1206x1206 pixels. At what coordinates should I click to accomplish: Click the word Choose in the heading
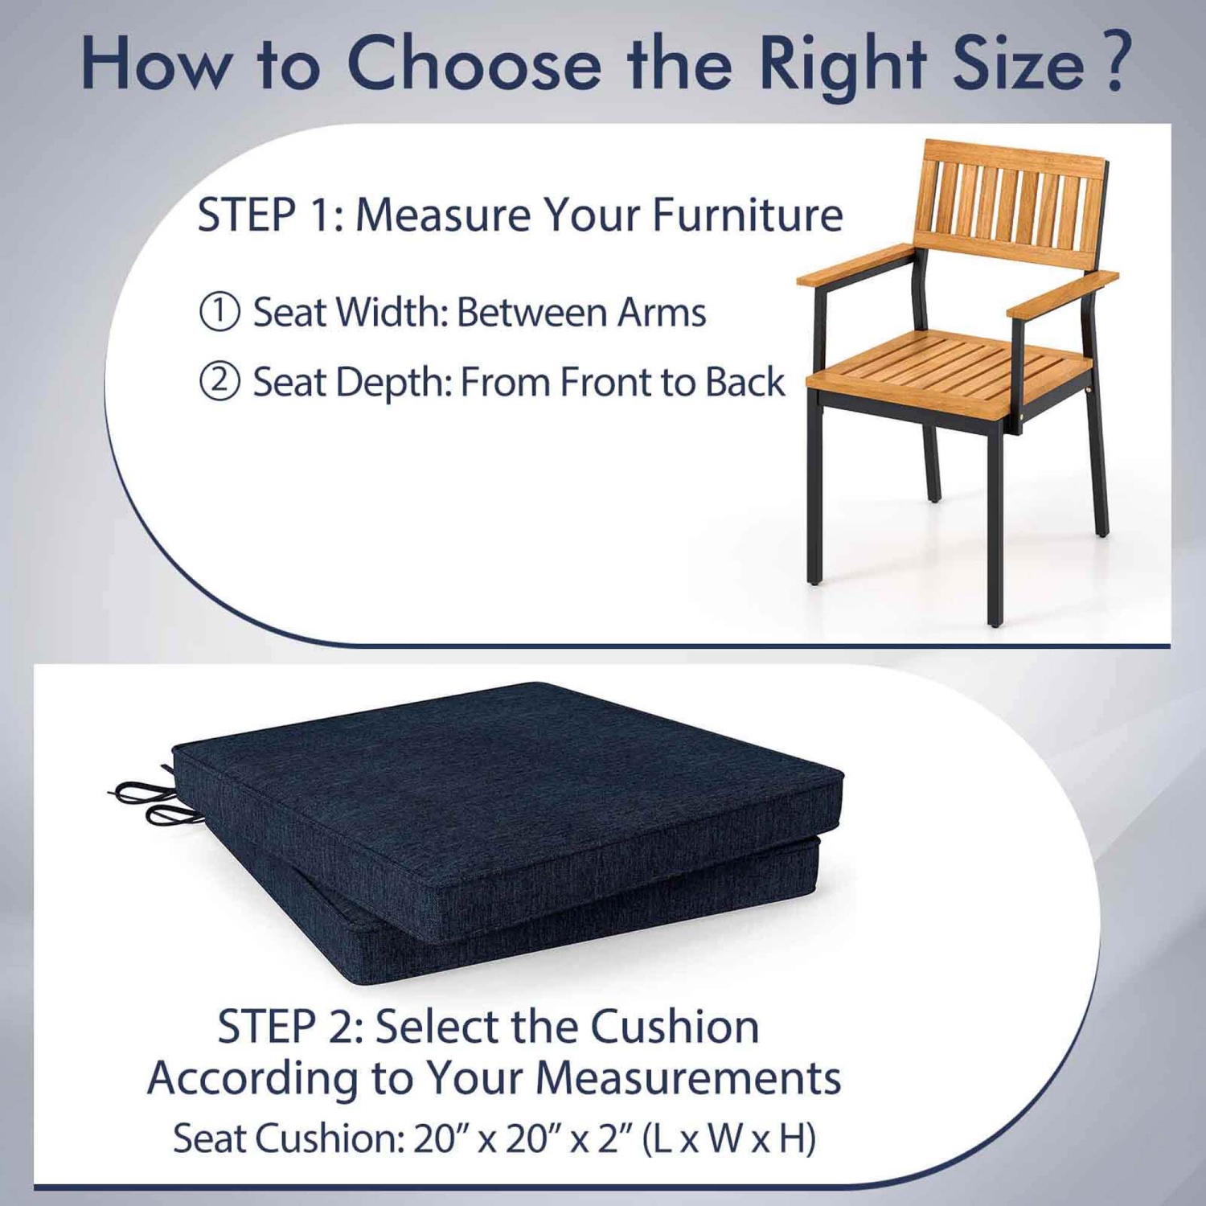[474, 64]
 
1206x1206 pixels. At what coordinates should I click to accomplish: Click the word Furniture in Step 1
[747, 215]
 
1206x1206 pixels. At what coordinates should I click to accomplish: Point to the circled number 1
[219, 312]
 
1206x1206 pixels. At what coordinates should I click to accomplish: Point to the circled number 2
[219, 381]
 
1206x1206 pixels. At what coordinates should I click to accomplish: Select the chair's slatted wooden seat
[949, 366]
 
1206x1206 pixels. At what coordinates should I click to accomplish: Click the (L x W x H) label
[728, 1138]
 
